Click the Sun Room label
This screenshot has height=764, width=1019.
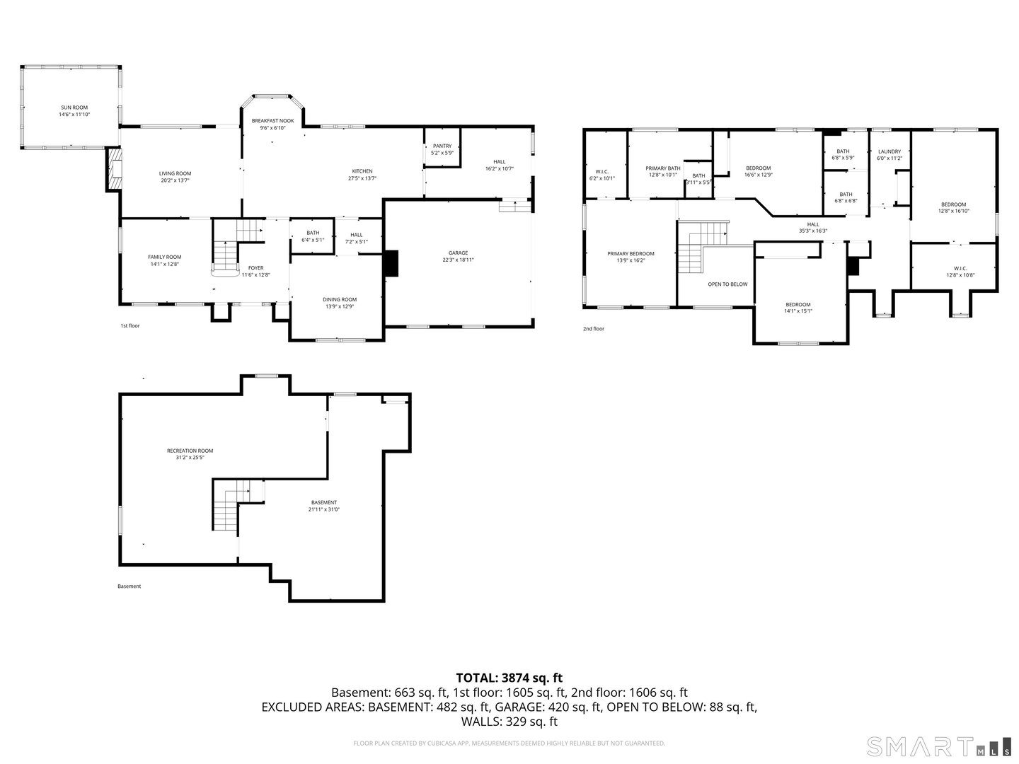[x=74, y=108]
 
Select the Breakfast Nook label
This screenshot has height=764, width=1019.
[x=272, y=121]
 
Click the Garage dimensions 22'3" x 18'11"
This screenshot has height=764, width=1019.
[x=458, y=260]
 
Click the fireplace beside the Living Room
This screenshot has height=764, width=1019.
[x=113, y=168]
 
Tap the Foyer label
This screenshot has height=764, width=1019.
[x=255, y=268]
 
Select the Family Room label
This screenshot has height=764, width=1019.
[x=164, y=257]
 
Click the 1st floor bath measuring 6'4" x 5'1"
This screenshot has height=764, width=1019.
[x=312, y=236]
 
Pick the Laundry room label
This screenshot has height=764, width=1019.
[x=889, y=151]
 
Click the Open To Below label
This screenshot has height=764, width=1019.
[x=727, y=284]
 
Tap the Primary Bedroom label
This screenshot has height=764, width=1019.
[x=631, y=253]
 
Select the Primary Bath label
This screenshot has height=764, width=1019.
[x=663, y=168]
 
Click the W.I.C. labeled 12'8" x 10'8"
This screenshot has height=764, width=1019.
[x=960, y=268]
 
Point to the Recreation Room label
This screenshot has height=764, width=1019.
[x=190, y=451]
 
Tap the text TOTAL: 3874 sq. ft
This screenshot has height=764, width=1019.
[x=509, y=678]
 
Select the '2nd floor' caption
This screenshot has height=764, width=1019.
[x=594, y=329]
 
